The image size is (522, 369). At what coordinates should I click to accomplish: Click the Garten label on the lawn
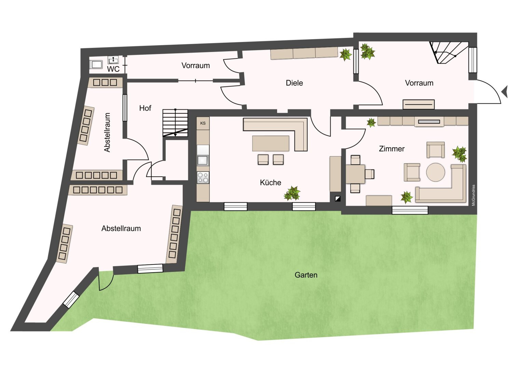click(x=306, y=275)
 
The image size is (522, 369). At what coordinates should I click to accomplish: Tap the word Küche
click(x=270, y=182)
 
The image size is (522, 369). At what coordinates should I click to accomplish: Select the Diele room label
click(x=294, y=83)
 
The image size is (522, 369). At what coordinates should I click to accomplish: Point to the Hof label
click(x=145, y=108)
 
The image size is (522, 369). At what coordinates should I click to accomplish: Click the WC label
click(x=113, y=69)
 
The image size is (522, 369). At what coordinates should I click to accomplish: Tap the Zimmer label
click(x=391, y=149)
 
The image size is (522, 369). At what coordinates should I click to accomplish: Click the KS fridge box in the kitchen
click(x=203, y=123)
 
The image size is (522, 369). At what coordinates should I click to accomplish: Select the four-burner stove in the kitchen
click(x=203, y=177)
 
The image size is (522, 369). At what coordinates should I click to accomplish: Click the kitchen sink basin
click(x=202, y=160)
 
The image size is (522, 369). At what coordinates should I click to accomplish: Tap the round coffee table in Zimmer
click(x=435, y=172)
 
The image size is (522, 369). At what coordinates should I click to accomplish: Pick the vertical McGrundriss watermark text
click(x=473, y=195)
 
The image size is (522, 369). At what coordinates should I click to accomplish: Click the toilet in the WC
click(x=96, y=65)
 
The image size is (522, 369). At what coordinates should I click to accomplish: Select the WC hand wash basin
click(x=113, y=60)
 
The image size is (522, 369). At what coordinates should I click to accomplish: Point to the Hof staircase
click(x=175, y=123)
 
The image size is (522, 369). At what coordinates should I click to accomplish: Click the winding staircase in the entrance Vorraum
click(x=446, y=53)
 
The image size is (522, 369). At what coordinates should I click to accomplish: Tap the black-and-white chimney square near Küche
click(x=338, y=199)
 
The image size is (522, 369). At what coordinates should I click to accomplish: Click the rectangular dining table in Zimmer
click(x=355, y=174)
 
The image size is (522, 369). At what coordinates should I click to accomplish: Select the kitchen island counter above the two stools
click(x=271, y=143)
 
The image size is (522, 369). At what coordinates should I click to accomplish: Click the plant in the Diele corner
click(x=345, y=55)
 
